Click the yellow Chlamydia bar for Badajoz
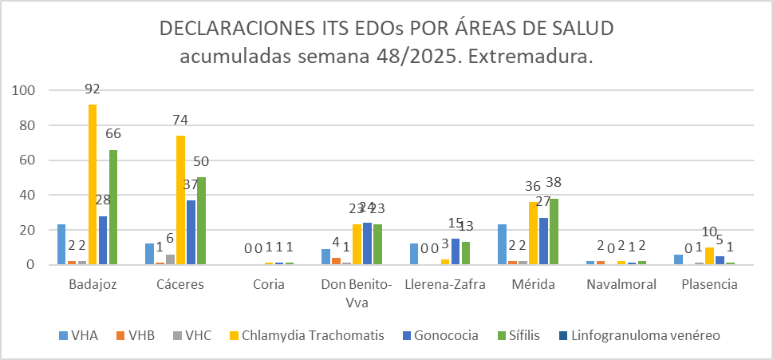93,184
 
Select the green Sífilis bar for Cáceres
202,221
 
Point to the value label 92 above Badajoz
93,89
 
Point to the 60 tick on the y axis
30,160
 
